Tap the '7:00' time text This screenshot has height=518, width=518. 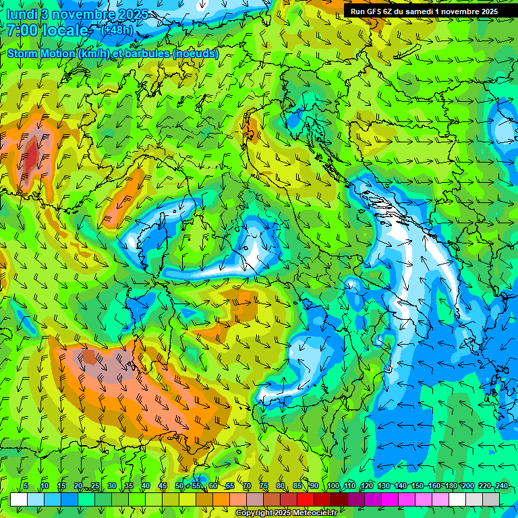pyautogui.click(x=22, y=30)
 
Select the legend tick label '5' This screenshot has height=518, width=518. pyautogui.click(x=26, y=486)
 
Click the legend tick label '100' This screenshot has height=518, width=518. pyautogui.click(x=333, y=486)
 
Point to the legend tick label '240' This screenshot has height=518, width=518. pyautogui.click(x=501, y=486)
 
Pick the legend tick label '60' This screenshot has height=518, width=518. pyautogui.click(x=213, y=486)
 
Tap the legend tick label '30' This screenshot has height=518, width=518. pyautogui.click(x=111, y=486)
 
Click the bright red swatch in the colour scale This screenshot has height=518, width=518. pyautogui.click(x=306, y=499)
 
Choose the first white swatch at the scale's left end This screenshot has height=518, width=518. pyautogui.click(x=19, y=499)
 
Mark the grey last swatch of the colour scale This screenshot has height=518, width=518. pyautogui.click(x=491, y=499)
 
